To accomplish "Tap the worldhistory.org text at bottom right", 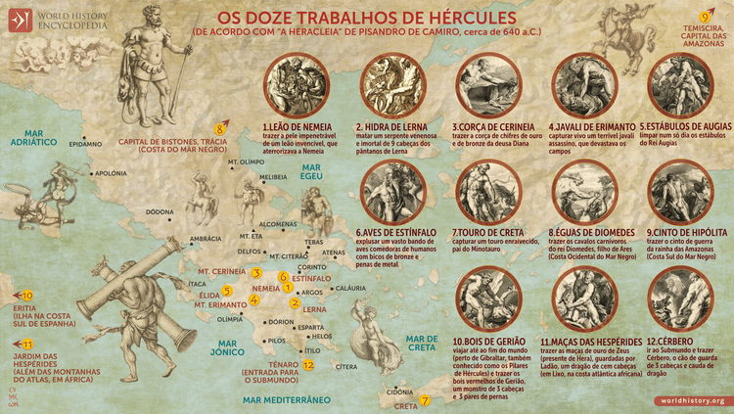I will click(692, 401).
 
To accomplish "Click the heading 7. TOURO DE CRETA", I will click(490, 232).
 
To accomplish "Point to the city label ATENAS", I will click(334, 252).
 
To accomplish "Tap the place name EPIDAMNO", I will click(86, 144).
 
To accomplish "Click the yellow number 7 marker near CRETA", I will click(425, 400).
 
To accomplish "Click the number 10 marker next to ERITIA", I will click(27, 295).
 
